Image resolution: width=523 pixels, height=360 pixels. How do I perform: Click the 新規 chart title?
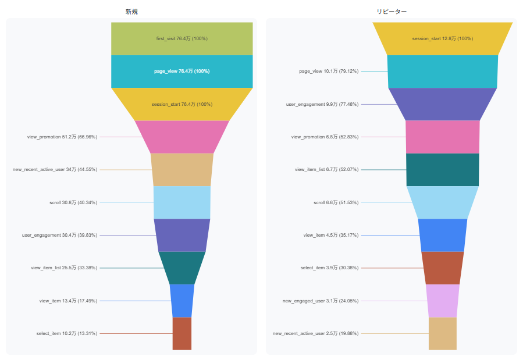pyautogui.click(x=131, y=12)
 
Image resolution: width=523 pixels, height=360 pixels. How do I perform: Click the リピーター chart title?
pyautogui.click(x=392, y=12)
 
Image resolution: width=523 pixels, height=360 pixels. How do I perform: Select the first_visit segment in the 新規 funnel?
pyautogui.click(x=182, y=38)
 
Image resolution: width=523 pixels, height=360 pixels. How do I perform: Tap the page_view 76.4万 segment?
pyautogui.click(x=182, y=72)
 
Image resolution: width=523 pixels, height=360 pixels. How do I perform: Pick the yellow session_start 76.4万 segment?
pyautogui.click(x=182, y=104)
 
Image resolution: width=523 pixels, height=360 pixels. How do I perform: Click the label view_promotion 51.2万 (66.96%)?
pyautogui.click(x=62, y=137)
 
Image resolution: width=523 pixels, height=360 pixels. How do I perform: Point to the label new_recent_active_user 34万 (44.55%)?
pyautogui.click(x=55, y=170)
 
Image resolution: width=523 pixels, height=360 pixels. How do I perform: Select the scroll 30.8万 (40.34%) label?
pyautogui.click(x=73, y=202)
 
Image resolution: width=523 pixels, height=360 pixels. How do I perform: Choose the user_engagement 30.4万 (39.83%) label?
pyautogui.click(x=60, y=236)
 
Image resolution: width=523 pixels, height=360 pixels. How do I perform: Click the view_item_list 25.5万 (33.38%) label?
pyautogui.click(x=64, y=268)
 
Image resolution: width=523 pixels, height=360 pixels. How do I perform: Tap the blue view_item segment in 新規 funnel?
pyautogui.click(x=182, y=301)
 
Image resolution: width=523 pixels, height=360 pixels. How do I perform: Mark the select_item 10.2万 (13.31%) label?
pyautogui.click(x=67, y=334)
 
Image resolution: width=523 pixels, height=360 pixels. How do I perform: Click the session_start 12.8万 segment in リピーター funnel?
pyautogui.click(x=442, y=38)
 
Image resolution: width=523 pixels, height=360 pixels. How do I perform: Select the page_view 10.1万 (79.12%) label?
pyautogui.click(x=329, y=72)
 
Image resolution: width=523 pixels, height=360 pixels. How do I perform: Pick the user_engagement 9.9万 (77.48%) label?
pyautogui.click(x=322, y=104)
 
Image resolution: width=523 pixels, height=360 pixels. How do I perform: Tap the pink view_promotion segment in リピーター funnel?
pyautogui.click(x=442, y=137)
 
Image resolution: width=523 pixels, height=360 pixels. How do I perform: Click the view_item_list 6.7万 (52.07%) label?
pyautogui.click(x=326, y=170)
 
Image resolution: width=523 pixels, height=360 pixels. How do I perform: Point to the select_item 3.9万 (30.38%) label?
pyautogui.click(x=329, y=268)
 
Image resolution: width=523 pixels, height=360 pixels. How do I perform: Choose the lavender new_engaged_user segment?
pyautogui.click(x=442, y=301)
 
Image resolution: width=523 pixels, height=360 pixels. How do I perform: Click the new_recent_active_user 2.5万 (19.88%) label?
pyautogui.click(x=315, y=334)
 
